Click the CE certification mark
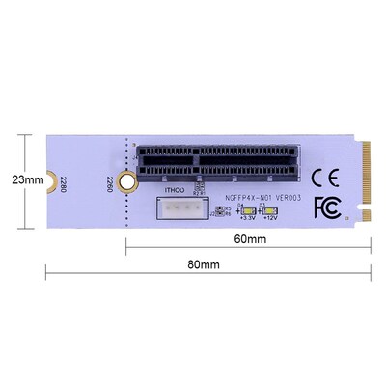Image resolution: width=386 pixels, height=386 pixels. [327, 178]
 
